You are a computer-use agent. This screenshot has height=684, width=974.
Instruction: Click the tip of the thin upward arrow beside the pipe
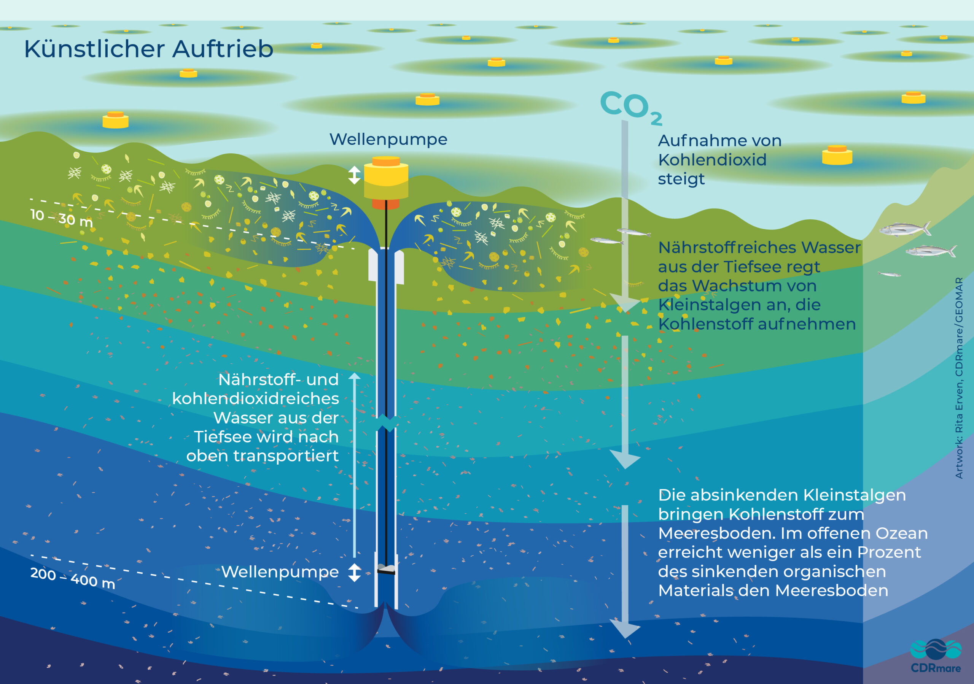[x=354, y=373]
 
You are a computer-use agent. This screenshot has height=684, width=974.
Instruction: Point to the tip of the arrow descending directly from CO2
[x=625, y=313]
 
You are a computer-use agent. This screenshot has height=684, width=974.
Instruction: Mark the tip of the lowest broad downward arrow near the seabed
[x=625, y=638]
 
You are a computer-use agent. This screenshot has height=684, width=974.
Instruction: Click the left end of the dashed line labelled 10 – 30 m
[x=30, y=198]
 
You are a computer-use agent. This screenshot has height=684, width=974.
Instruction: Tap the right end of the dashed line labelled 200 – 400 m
[x=358, y=608]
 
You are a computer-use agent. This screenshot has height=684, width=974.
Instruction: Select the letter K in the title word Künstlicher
[x=32, y=49]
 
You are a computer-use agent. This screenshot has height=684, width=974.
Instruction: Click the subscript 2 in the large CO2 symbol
[x=656, y=118]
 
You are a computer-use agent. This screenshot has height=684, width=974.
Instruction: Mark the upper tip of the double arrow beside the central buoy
[x=354, y=166]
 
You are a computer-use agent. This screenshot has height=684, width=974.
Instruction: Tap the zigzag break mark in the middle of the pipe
[x=387, y=423]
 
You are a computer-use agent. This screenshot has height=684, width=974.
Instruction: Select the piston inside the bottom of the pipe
[x=386, y=569]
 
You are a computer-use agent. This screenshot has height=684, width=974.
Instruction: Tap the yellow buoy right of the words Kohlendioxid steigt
[x=837, y=155]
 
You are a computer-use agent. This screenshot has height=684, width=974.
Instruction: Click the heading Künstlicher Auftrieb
[x=148, y=49]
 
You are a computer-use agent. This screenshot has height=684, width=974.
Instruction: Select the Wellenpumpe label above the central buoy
[x=388, y=140]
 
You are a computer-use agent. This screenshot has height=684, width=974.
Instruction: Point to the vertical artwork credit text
[x=959, y=378]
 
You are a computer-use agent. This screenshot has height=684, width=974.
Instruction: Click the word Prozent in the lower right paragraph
[x=889, y=552]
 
